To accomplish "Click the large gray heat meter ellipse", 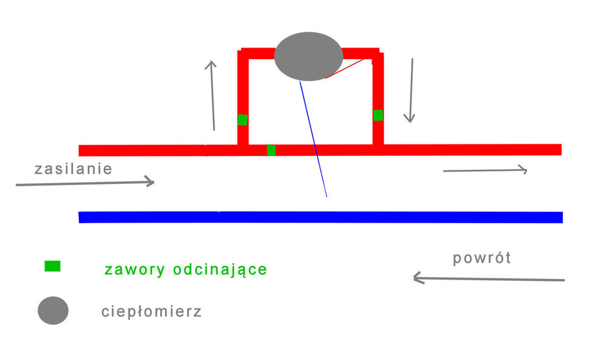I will coord(308,56).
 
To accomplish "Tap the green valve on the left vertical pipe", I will coord(242,119).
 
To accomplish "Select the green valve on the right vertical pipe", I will coord(378,115).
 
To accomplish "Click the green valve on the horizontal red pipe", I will coord(271,150).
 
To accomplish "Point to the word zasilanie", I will coord(73,168).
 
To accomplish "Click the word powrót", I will coord(482,258).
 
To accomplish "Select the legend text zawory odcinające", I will coord(186,269).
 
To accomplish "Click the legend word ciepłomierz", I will coord(151,312).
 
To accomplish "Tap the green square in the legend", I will coord(52,266).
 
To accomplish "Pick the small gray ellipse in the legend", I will coord(53,311).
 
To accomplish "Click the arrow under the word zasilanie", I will coord(85,182).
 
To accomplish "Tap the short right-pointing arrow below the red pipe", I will coord(485,171).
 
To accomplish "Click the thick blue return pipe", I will coord(320,217).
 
